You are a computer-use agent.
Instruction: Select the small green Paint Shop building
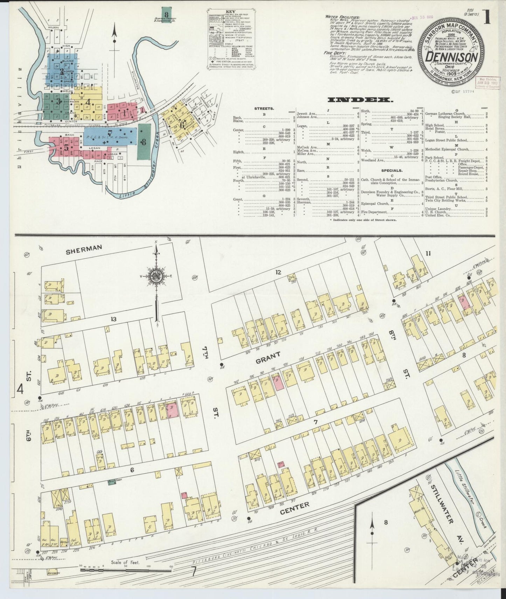[112, 482]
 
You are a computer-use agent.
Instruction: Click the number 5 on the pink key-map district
[66, 147]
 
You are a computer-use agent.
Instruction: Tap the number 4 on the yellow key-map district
[88, 102]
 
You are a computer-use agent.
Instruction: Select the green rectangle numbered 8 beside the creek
[143, 142]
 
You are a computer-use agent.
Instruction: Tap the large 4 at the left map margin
[21, 388]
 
